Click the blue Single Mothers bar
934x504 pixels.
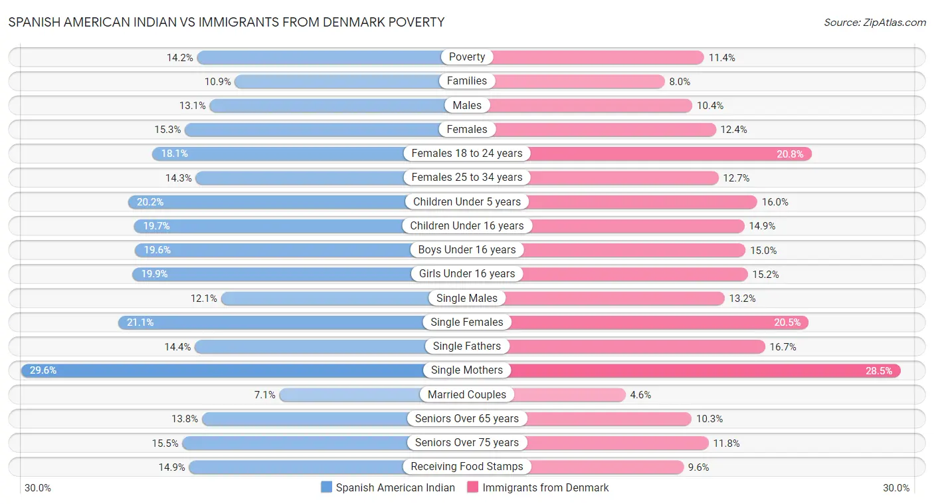(x=226, y=370)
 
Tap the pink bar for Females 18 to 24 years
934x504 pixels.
(x=664, y=154)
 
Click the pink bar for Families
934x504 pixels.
(x=578, y=81)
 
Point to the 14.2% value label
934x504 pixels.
(x=180, y=58)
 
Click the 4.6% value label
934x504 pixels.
(x=640, y=395)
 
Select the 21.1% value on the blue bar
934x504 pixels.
(x=140, y=322)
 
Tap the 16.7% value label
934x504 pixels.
(x=783, y=347)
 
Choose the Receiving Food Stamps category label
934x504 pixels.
(x=467, y=467)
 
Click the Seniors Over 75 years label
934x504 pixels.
(x=467, y=443)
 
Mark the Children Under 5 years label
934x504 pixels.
(x=467, y=201)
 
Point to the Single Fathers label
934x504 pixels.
(x=467, y=346)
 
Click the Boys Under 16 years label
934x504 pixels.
(x=467, y=250)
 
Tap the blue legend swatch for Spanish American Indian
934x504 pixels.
(x=326, y=487)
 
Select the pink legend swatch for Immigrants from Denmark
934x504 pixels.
(x=473, y=487)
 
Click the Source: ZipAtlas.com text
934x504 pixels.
(x=874, y=23)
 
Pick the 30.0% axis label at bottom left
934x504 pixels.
(x=38, y=488)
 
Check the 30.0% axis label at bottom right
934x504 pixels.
(x=896, y=488)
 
